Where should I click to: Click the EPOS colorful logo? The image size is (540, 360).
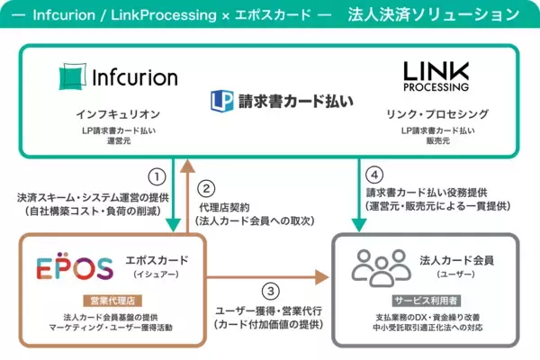tap(75, 267)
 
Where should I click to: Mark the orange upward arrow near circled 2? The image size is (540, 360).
tap(185, 193)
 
